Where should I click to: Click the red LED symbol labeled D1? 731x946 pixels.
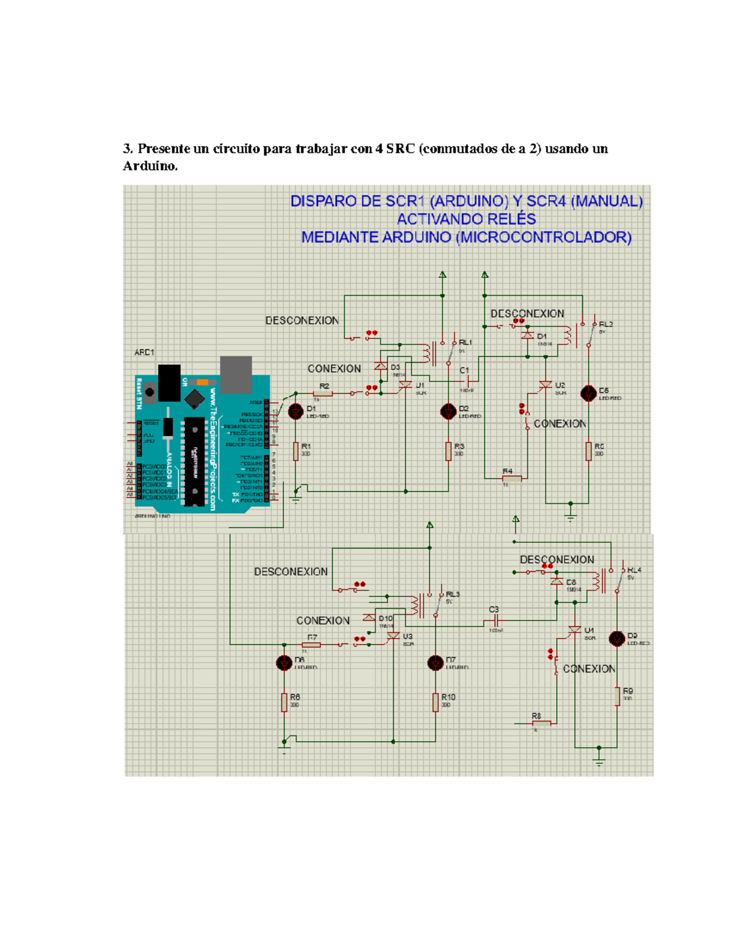[295, 412]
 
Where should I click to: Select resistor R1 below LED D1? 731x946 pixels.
[295, 451]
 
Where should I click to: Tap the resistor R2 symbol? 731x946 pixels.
[323, 394]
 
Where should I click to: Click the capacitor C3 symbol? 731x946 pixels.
[496, 619]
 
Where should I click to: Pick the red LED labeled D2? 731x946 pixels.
[448, 412]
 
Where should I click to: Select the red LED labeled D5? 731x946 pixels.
[588, 394]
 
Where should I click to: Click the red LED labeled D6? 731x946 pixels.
[284, 663]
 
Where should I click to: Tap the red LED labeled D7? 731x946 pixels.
[435, 663]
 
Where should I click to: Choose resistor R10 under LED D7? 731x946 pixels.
[435, 702]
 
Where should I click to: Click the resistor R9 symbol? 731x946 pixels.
[616, 696]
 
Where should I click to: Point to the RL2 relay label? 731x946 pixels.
[606, 325]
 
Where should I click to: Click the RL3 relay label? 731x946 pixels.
[453, 594]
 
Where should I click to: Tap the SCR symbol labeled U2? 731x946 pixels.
[545, 385]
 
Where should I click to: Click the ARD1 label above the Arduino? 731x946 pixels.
[144, 352]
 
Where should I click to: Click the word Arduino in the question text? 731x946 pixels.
[149, 166]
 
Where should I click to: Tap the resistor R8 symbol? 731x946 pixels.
[541, 723]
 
